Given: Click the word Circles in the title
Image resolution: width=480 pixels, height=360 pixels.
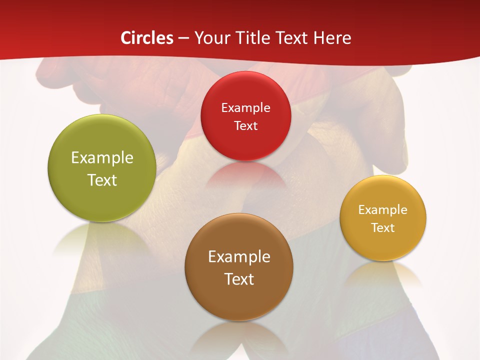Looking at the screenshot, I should pyautogui.click(x=146, y=38).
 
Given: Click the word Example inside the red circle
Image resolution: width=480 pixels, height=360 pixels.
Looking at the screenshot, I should pyautogui.click(x=245, y=107).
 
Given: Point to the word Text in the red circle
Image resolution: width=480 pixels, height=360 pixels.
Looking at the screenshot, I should pyautogui.click(x=245, y=125).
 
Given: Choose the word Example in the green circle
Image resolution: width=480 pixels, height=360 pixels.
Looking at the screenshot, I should pyautogui.click(x=102, y=158).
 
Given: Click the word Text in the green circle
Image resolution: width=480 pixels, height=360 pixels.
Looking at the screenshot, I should pyautogui.click(x=102, y=180).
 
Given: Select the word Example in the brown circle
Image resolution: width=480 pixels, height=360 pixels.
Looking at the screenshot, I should pyautogui.click(x=239, y=257).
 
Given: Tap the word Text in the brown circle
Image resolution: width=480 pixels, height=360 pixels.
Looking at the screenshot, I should pyautogui.click(x=239, y=279).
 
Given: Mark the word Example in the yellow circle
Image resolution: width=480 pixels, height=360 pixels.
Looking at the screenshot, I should pyautogui.click(x=383, y=210).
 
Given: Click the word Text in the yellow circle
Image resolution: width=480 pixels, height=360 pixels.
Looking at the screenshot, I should pyautogui.click(x=383, y=228).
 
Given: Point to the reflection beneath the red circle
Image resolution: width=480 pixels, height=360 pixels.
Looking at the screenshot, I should pyautogui.click(x=245, y=175).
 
